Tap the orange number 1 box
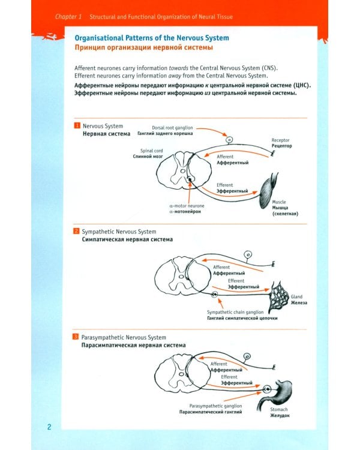pos(76,126)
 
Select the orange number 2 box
pos(76,232)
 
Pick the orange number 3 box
pos(76,338)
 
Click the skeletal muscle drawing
pos(269,188)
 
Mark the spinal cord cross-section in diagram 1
pos(181,171)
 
